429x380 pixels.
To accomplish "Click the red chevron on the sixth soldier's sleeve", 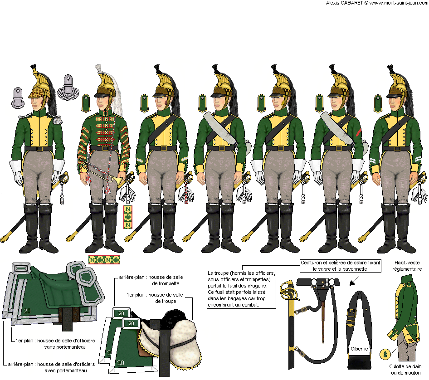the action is point(358,132).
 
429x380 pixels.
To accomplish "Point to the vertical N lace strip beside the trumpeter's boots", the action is point(128,217).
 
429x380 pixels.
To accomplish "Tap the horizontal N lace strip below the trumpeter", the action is point(104,260).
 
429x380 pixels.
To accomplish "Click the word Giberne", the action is point(359,349).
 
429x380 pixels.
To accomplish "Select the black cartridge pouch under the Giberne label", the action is point(359,361).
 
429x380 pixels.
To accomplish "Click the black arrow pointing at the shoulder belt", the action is point(354,281).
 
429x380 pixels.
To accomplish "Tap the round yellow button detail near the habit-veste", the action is point(385,354).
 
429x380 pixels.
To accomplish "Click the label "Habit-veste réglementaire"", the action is point(407,266).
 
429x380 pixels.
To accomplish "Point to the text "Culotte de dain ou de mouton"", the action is point(405,370).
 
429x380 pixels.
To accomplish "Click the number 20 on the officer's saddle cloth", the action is point(27,311).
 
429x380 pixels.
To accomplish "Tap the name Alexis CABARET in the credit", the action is point(344,3).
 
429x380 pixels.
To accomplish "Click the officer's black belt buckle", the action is point(39,149).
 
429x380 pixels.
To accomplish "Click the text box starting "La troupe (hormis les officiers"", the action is point(241,289).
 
